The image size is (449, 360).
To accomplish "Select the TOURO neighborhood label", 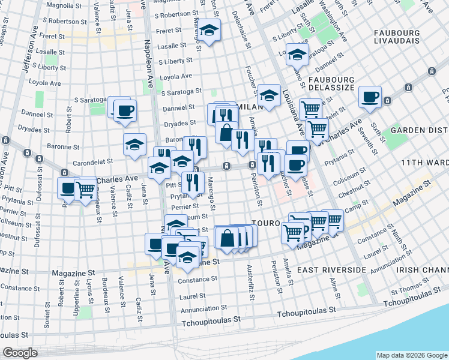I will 266,223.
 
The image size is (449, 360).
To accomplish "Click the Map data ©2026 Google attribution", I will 411,355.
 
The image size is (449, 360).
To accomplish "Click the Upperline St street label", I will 76,298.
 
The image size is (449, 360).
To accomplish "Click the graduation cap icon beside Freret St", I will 209,30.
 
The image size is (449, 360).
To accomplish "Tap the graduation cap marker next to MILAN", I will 270,95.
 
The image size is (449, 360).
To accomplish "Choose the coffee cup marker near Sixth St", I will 370,97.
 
